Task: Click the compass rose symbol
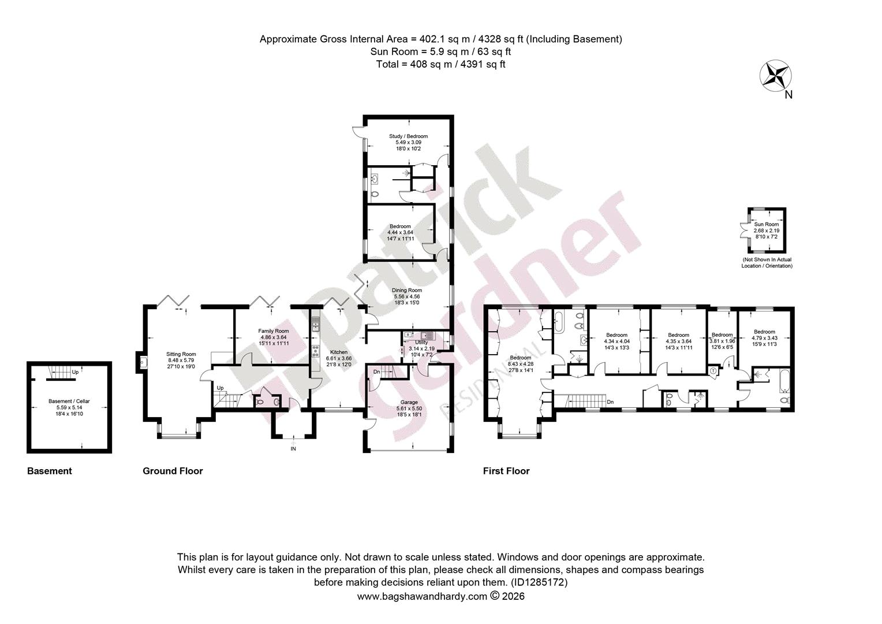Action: click(775, 76)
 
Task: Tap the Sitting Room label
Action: click(181, 354)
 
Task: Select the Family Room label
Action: click(273, 331)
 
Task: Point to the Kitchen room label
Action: click(339, 352)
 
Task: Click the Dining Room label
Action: click(407, 290)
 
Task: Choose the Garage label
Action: click(409, 402)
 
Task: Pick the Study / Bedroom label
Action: click(408, 136)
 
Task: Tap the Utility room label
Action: click(421, 343)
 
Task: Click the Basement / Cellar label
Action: click(69, 401)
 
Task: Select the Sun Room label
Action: click(766, 224)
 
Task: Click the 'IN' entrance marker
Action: click(293, 448)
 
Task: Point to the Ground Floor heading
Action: click(173, 471)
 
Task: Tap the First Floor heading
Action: click(506, 471)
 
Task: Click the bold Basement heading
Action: click(50, 471)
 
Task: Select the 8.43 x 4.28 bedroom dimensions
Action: click(520, 364)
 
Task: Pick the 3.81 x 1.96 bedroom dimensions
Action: click(722, 341)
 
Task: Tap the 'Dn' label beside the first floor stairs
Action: click(610, 402)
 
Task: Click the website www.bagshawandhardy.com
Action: click(422, 596)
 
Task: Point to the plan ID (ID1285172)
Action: click(539, 582)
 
